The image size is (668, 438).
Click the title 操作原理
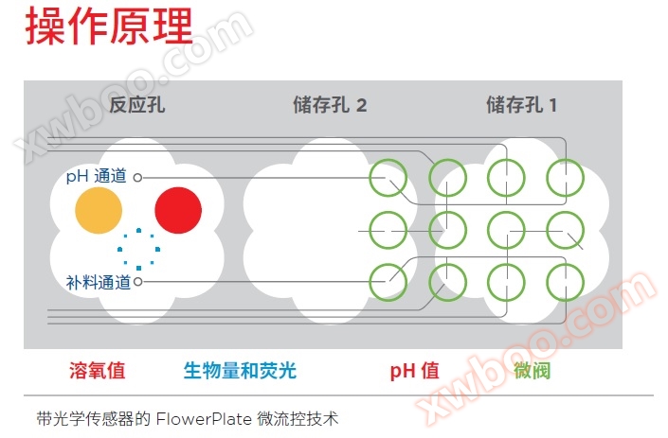click(108, 28)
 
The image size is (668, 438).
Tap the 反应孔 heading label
click(137, 105)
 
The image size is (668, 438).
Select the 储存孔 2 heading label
click(329, 105)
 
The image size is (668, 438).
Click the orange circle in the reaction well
click(99, 209)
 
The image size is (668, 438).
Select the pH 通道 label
click(98, 177)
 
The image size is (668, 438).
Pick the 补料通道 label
click(98, 282)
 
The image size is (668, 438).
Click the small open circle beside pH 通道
click(137, 177)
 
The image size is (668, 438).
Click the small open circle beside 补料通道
click(137, 282)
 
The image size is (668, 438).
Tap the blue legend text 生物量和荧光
click(240, 370)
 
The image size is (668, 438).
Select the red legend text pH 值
click(414, 370)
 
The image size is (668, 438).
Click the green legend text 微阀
click(532, 370)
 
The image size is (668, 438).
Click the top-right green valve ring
click(566, 176)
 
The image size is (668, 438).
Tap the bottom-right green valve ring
click(566, 280)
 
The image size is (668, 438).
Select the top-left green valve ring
click(388, 176)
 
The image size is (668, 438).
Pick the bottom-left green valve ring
click(388, 280)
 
